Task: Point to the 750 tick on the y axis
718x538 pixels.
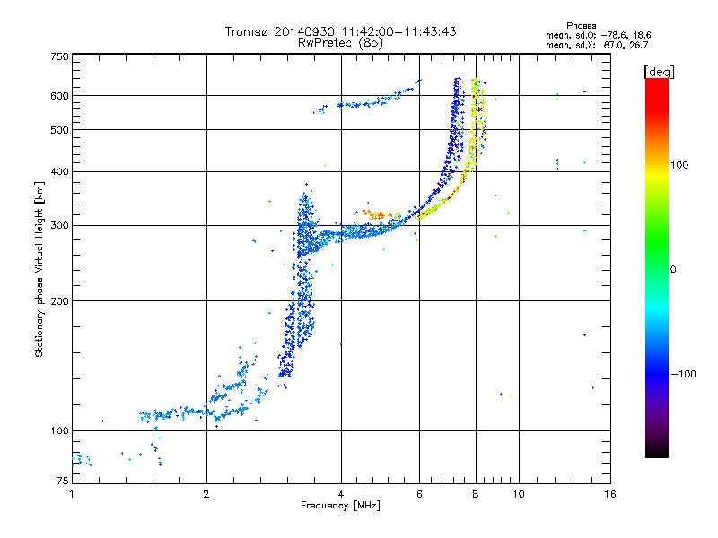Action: pyautogui.click(x=60, y=56)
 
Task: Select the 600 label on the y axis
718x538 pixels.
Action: pyautogui.click(x=60, y=96)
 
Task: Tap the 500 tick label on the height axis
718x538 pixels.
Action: pyautogui.click(x=60, y=130)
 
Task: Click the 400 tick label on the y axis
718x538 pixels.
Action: pyautogui.click(x=60, y=172)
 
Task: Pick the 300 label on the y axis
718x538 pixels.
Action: pyautogui.click(x=60, y=226)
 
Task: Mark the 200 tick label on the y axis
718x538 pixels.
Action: pyautogui.click(x=60, y=301)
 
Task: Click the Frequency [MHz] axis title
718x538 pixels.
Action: pyautogui.click(x=340, y=506)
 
